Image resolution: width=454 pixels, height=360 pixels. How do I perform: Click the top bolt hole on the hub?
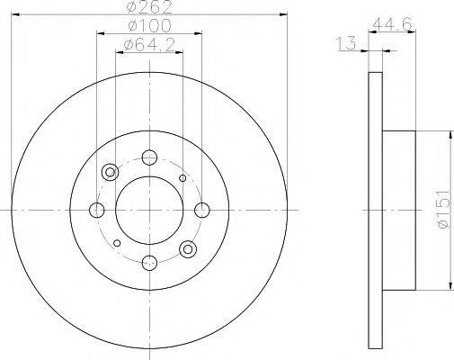pyautogui.click(x=149, y=158)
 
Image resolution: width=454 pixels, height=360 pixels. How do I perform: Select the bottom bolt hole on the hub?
pyautogui.click(x=149, y=262)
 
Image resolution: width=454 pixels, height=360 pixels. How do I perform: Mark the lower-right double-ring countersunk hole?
pyautogui.click(x=188, y=248)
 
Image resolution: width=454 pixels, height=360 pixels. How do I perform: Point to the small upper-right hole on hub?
pyautogui.click(x=182, y=178)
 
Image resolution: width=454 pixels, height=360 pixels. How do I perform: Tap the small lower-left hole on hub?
pyautogui.click(x=116, y=242)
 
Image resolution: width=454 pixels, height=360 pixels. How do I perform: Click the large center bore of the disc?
pyautogui.click(x=149, y=211)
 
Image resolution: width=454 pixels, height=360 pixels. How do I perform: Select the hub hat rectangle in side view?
pyautogui.click(x=400, y=211)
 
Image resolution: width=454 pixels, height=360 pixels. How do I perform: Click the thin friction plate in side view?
pyautogui.click(x=375, y=211)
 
